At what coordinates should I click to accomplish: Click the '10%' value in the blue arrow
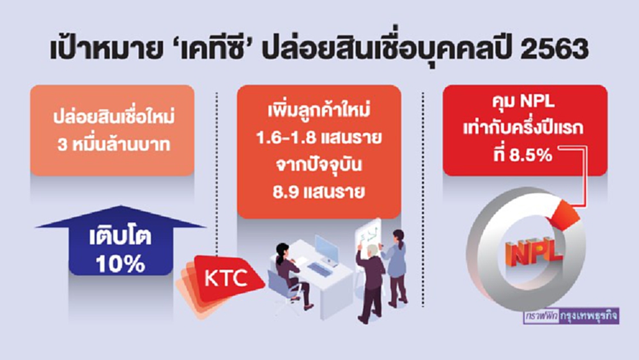pos(121,263)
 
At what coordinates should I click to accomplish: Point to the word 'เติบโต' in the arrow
pos(121,240)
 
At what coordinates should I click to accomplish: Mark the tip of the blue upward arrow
pos(121,208)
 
